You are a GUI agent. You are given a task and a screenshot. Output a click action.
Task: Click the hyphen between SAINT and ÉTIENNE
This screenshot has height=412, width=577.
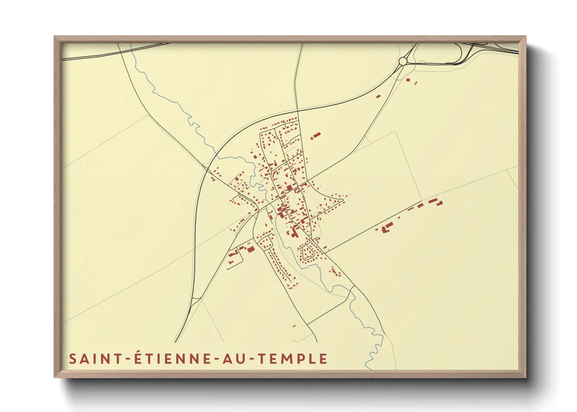click(128, 359)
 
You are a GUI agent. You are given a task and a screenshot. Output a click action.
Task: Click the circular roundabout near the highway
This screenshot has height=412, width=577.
click(403, 61)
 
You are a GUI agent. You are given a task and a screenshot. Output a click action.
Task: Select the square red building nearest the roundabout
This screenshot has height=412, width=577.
click(408, 80)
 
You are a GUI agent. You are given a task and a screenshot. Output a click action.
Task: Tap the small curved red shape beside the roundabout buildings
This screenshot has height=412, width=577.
click(416, 83)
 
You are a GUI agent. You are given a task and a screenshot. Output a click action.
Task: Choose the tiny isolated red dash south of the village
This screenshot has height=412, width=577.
click(294, 326)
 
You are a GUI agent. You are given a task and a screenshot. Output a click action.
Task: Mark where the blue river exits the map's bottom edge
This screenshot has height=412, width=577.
click(367, 368)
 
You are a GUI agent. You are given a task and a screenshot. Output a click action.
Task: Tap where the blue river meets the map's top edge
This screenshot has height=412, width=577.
click(131, 44)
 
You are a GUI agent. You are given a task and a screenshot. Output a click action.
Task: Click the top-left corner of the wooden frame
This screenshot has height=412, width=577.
click(55, 37)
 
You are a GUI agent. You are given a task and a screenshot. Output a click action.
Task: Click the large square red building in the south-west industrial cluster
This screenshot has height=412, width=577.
click(251, 249)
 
